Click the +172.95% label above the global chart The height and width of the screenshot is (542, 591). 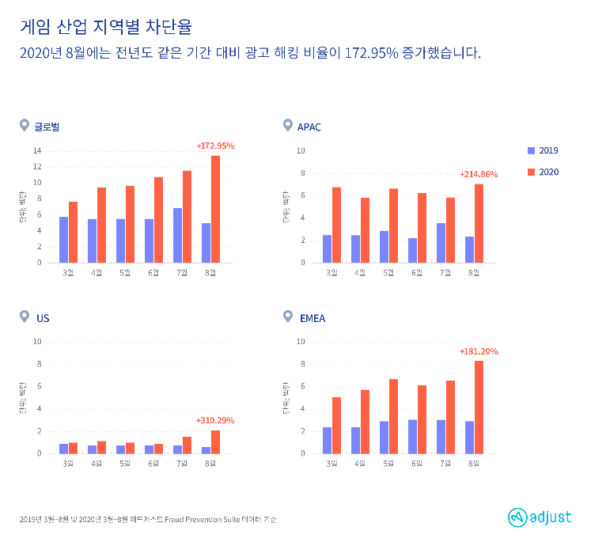point(215,146)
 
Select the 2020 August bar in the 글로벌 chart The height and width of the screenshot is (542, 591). point(215,209)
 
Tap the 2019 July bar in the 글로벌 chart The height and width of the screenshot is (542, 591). point(177,235)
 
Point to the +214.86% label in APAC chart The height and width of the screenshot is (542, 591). point(479,174)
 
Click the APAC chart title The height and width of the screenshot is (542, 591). point(309,127)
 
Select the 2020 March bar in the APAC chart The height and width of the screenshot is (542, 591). point(336,225)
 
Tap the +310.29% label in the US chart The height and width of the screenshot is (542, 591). point(215,420)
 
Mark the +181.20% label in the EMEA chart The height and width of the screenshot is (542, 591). point(479,351)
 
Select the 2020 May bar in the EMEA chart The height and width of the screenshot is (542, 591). point(393,416)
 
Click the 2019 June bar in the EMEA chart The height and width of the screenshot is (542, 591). point(412,436)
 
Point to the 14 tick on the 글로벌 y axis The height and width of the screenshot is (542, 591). point(37,150)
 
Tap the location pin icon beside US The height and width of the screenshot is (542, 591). point(25,317)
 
